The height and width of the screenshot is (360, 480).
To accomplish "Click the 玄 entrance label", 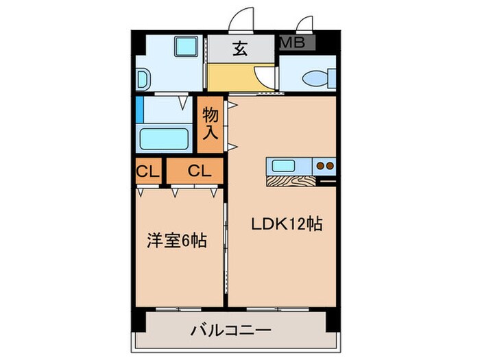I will click(240, 49).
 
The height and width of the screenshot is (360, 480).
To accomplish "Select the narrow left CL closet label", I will click(147, 171).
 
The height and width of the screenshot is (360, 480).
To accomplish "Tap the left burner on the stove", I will click(320, 165).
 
